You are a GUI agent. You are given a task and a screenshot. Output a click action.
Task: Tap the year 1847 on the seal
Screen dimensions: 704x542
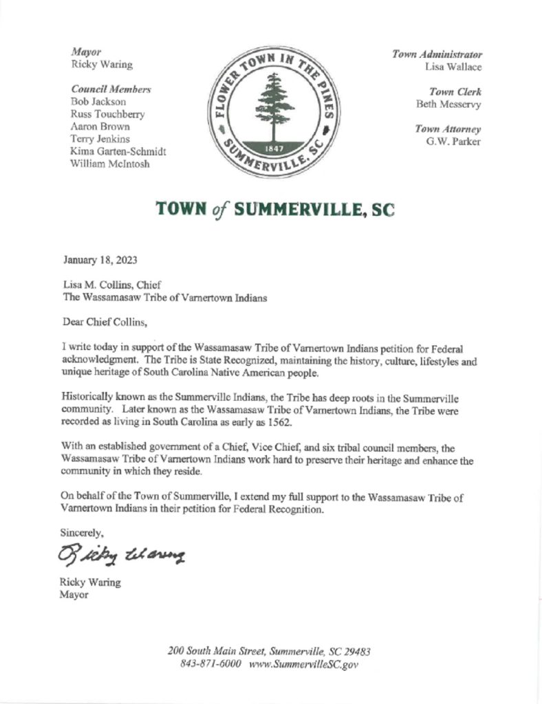point(274,149)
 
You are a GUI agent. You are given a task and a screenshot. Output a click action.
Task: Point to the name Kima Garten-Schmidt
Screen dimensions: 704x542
point(119,151)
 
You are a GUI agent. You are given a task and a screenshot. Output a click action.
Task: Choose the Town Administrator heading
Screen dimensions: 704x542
point(437,54)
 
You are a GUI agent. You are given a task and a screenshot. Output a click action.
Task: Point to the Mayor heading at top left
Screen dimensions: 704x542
point(86,52)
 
